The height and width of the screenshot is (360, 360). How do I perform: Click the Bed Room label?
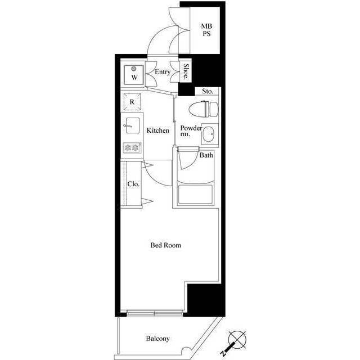click(x=165, y=245)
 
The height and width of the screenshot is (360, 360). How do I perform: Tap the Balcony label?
click(x=157, y=339)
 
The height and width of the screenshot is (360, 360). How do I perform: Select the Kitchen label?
click(x=157, y=130)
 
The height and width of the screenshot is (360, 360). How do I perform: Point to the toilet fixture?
click(x=204, y=109)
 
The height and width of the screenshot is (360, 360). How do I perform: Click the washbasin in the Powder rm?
click(x=209, y=134)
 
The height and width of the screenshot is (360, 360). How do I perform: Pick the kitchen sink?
click(x=132, y=125)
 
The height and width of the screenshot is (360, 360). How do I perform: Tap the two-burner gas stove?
click(x=132, y=147)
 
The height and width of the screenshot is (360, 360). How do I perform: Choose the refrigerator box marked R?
click(x=132, y=102)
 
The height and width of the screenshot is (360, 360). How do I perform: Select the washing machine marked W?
click(x=134, y=75)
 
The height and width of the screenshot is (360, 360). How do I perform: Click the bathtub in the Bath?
click(x=195, y=194)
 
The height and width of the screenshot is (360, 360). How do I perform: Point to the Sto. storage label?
click(x=208, y=91)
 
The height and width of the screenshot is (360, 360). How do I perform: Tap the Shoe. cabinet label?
click(x=186, y=71)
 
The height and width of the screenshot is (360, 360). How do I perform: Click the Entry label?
click(x=163, y=72)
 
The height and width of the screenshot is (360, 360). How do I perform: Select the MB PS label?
click(x=206, y=30)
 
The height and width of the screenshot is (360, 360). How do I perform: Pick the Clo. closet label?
click(x=133, y=184)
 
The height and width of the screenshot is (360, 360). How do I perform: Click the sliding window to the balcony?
click(x=155, y=313)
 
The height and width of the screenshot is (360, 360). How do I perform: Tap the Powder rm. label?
click(x=191, y=131)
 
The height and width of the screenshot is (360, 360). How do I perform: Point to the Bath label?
click(x=206, y=155)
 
